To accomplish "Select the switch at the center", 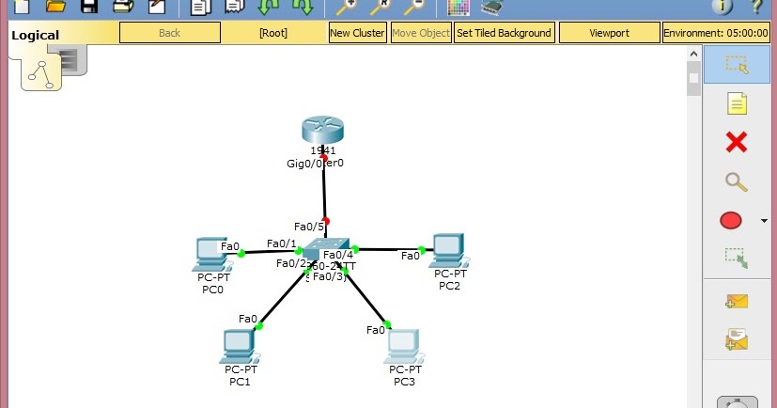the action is (x=326, y=247).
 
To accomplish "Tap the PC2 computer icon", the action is (x=448, y=249).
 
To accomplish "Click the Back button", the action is (x=169, y=33).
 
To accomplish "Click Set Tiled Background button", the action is (x=504, y=33).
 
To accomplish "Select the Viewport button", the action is (x=609, y=33).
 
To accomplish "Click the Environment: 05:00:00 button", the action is (x=717, y=33).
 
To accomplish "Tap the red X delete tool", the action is (x=737, y=142).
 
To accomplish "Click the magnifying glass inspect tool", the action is (x=737, y=181).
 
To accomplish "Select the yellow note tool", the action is (x=737, y=103).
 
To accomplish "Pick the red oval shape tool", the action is (x=731, y=221).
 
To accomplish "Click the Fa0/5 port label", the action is (x=308, y=227).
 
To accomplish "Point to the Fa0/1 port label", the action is (x=281, y=243).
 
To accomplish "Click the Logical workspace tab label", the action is (x=35, y=36).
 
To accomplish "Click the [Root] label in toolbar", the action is (x=273, y=33).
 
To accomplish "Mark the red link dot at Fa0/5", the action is (x=326, y=221).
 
